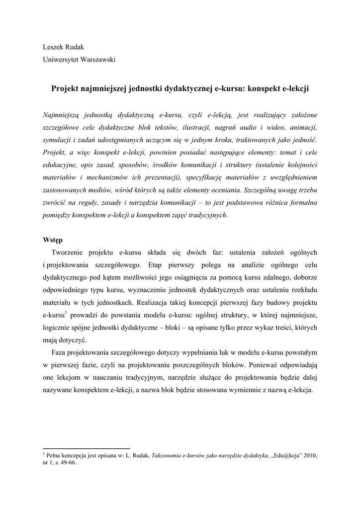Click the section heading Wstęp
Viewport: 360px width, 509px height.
pos(52,240)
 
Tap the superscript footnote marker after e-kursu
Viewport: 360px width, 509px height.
pos(66,312)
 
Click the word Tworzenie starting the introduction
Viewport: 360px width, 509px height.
pos(69,253)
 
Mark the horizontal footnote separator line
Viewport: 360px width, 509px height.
pos(87,448)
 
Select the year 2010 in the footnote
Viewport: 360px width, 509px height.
pos(309,455)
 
